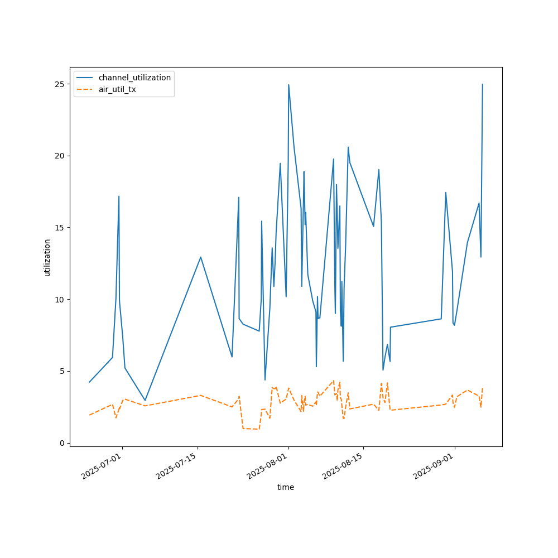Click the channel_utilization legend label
point(134,78)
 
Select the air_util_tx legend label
point(117,89)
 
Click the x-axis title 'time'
point(286,487)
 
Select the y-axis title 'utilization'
point(47,257)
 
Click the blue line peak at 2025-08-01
point(288,85)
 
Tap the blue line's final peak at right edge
point(483,84)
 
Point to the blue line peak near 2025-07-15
point(200,257)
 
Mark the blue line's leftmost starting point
point(89,382)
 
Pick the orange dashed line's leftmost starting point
point(89,415)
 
